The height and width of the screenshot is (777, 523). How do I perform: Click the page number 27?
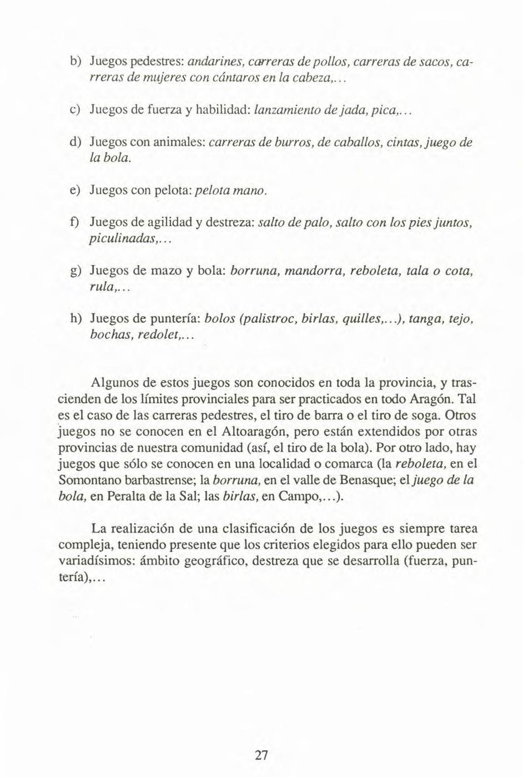[x=261, y=755]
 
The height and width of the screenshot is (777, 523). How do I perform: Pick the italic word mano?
[x=255, y=191]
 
